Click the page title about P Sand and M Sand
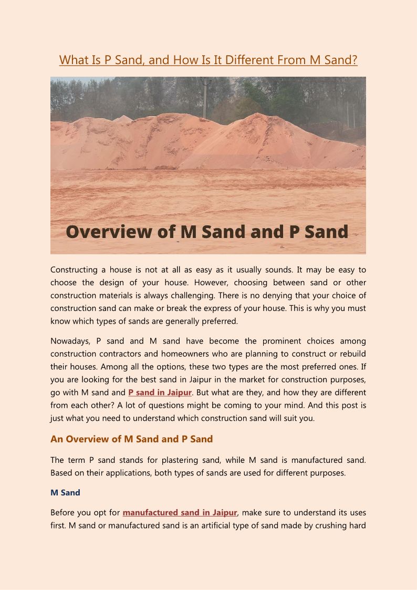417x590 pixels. (x=208, y=60)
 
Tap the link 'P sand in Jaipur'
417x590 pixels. (x=160, y=392)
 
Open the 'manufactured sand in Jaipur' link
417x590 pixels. (x=180, y=512)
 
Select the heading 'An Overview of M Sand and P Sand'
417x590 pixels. (x=131, y=439)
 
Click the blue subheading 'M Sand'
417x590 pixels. (x=65, y=493)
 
